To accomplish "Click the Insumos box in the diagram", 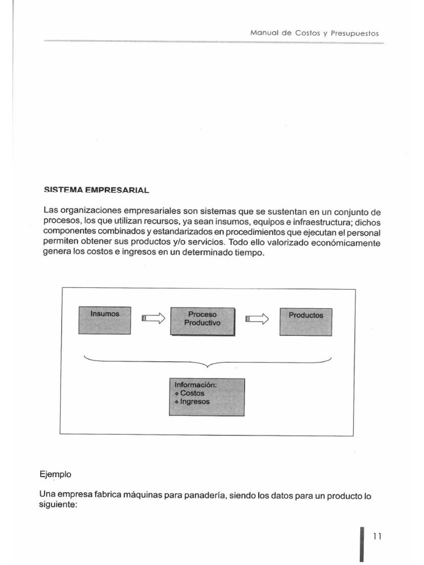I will click(105, 320).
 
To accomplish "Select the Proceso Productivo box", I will click(202, 321).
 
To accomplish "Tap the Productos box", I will click(306, 322).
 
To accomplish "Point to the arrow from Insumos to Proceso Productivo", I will click(153, 318).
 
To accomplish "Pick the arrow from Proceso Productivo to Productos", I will click(257, 318).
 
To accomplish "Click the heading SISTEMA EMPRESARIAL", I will click(96, 190).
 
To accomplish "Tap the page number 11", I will click(378, 536).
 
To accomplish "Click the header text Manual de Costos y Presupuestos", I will click(314, 33).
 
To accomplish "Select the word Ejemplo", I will click(55, 474).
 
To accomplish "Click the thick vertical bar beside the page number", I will click(362, 543).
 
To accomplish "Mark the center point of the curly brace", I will click(208, 364).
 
